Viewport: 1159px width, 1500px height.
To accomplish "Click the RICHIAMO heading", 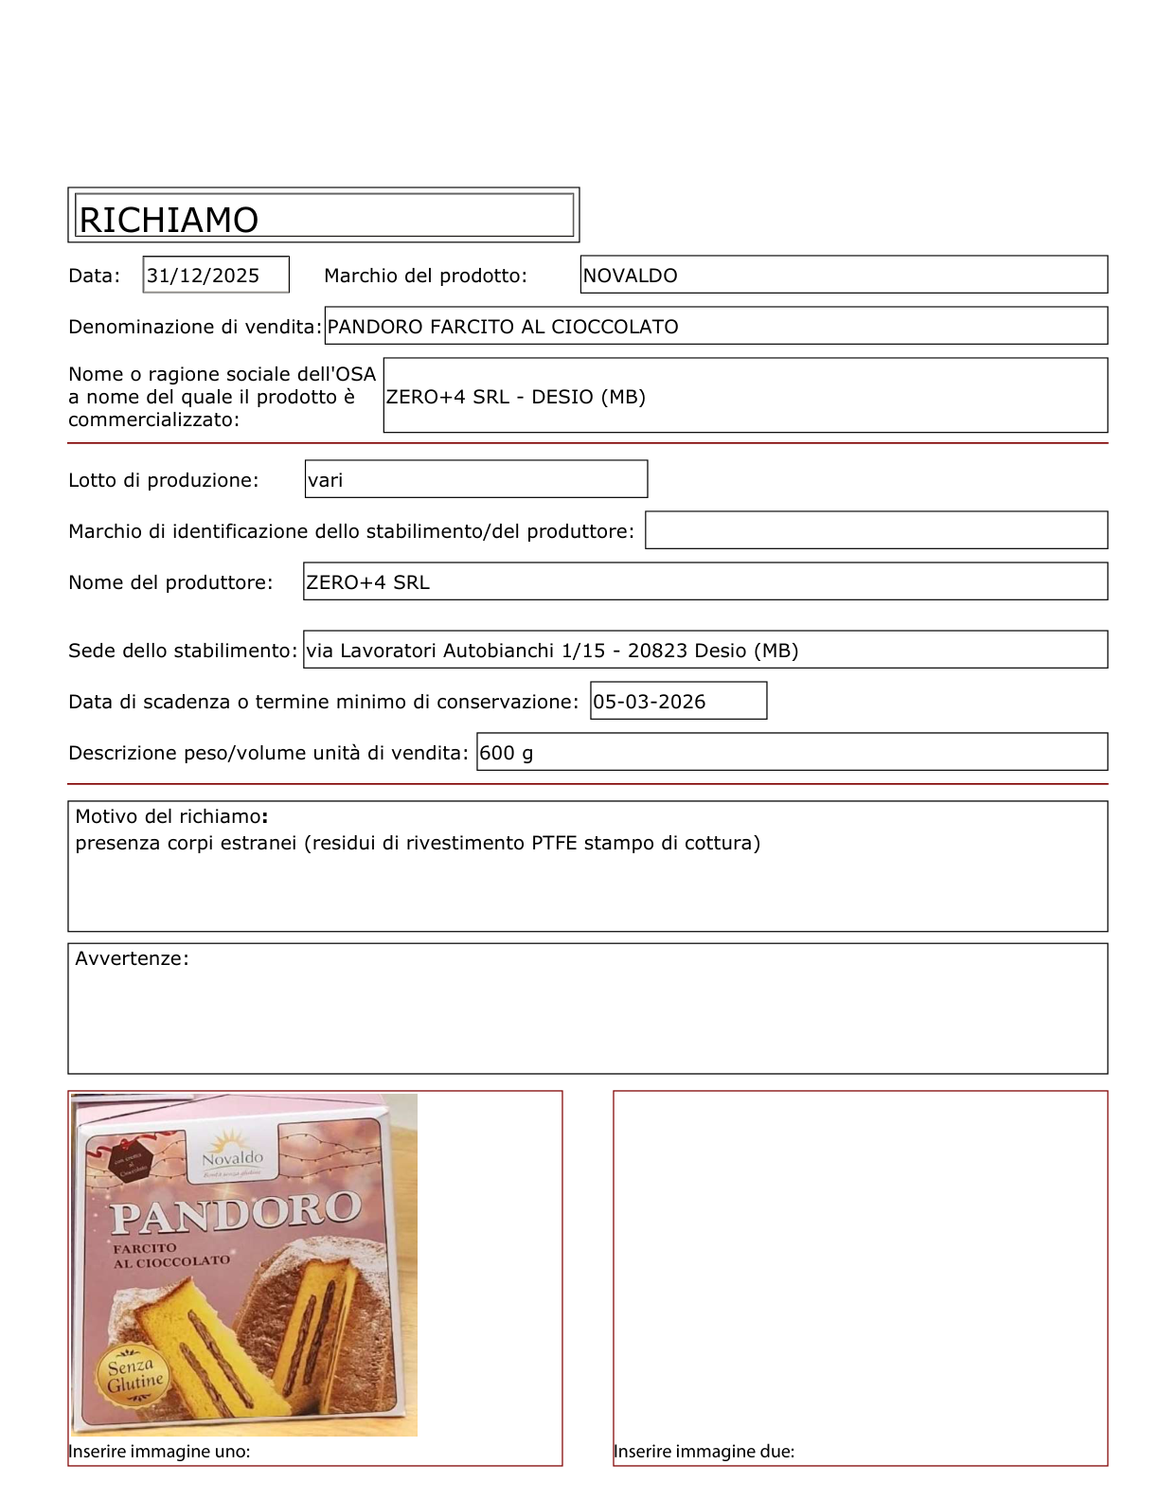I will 169,220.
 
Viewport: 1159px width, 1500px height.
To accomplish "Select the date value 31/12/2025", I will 204,276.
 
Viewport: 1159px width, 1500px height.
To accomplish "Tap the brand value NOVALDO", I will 631,276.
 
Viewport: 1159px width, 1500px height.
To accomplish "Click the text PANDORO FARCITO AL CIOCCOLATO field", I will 503,327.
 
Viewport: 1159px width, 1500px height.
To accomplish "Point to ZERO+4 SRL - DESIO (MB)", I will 516,397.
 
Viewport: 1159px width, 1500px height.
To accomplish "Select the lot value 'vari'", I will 326,480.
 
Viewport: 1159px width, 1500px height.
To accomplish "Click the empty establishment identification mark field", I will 876,530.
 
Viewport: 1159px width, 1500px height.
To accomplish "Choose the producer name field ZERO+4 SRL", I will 368,582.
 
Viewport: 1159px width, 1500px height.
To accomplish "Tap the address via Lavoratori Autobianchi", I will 552,651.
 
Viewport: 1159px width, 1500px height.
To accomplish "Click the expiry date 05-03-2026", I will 650,702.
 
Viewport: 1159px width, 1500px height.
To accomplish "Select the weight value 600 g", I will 507,753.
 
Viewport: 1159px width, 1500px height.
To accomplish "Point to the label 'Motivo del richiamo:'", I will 171,816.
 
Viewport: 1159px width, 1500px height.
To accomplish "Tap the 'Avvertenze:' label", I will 132,958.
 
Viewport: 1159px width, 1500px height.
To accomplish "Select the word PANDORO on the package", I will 236,1213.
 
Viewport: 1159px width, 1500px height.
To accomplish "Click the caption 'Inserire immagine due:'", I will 704,1451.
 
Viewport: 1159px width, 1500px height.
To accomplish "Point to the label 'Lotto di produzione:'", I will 163,480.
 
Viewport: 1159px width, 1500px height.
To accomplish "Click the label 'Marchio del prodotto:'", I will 425,276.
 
